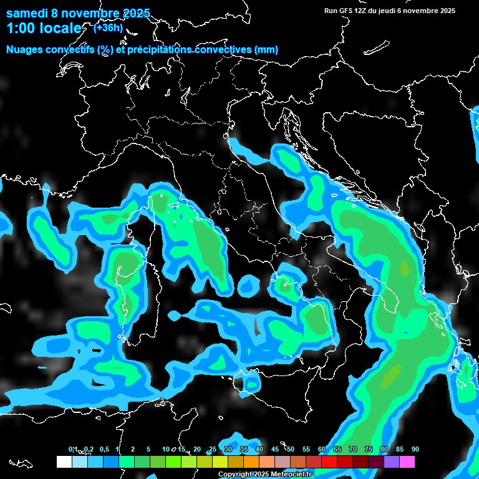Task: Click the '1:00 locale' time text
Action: click(44, 28)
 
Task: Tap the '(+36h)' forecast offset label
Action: click(107, 27)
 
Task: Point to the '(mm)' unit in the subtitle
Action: click(266, 50)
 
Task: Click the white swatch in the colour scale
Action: click(64, 462)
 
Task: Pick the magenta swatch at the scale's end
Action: click(407, 462)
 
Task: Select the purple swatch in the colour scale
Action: click(392, 462)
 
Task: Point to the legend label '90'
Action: click(415, 449)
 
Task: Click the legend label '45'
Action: click(275, 449)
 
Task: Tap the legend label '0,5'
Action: click(104, 449)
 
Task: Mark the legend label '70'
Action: click(353, 449)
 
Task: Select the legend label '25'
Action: click(213, 449)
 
